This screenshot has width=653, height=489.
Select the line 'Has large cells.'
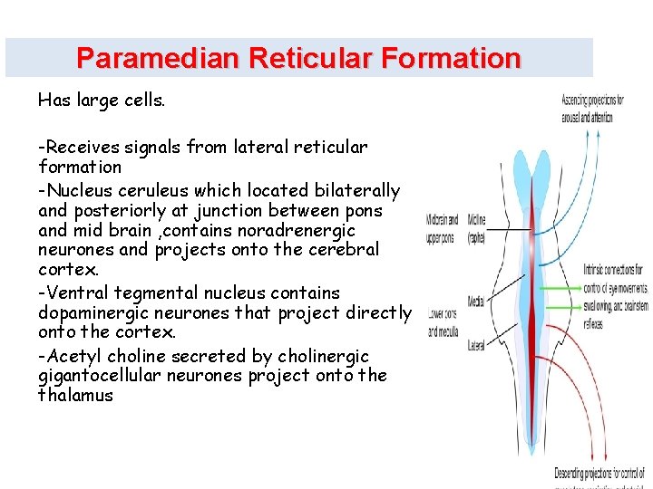click(102, 101)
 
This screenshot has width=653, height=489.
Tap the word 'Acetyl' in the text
click(75, 354)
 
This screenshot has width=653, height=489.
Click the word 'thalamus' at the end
click(76, 395)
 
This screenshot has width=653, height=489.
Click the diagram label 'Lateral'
click(477, 345)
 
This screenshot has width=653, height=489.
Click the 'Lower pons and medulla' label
click(443, 322)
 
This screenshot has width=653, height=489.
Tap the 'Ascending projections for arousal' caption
click(587, 109)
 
